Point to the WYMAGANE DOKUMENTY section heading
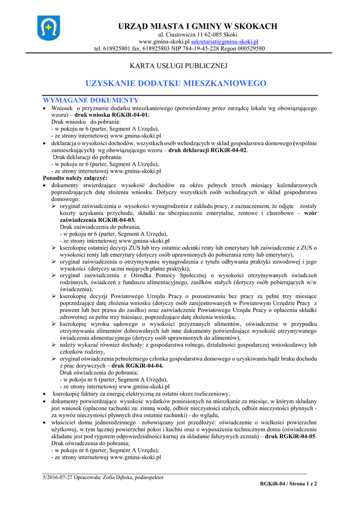(90, 100)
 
